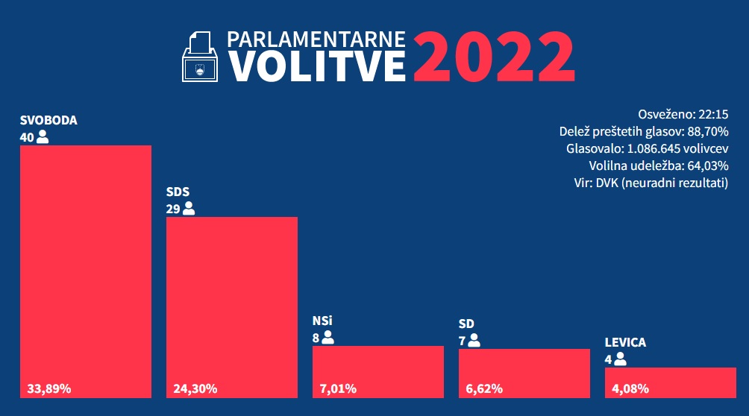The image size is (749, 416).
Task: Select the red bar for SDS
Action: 231,298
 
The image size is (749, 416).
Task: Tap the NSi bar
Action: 377,365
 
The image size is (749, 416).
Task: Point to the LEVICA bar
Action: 670,376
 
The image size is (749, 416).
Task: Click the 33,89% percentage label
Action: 48,388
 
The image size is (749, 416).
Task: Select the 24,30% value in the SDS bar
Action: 195,388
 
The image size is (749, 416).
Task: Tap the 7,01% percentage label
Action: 338,388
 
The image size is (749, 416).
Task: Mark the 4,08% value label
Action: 630,388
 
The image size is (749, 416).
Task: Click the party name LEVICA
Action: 625,343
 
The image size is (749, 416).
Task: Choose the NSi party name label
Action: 322,321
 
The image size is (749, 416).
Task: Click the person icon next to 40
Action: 43,136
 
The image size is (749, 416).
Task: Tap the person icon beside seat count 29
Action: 189,209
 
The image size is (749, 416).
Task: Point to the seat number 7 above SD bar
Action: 462,340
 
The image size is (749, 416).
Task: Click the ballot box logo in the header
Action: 200,57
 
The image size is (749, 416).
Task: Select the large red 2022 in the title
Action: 493,57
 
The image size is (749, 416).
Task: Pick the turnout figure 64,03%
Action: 707,166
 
